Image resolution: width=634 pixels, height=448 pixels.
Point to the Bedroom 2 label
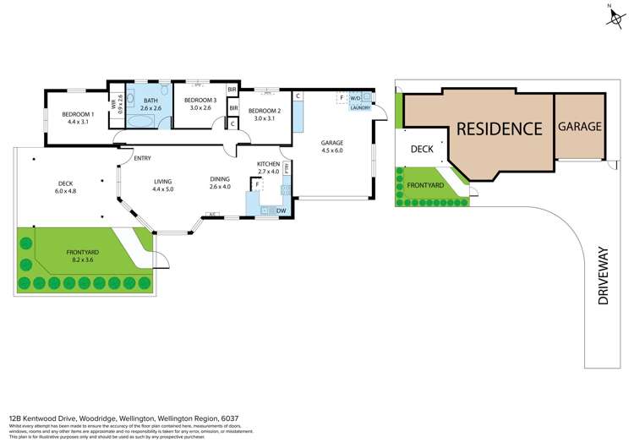point(264,111)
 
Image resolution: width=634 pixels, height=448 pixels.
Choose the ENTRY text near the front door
point(142,157)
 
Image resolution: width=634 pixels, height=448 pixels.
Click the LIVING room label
point(162,180)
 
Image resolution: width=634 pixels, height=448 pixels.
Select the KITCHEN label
point(268,163)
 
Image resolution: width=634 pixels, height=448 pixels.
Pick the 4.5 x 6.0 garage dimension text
point(331,150)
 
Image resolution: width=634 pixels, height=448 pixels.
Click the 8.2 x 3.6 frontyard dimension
point(84,260)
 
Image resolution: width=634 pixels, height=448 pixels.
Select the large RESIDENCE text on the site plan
point(499,128)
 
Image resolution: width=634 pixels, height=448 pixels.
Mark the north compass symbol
point(615,17)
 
